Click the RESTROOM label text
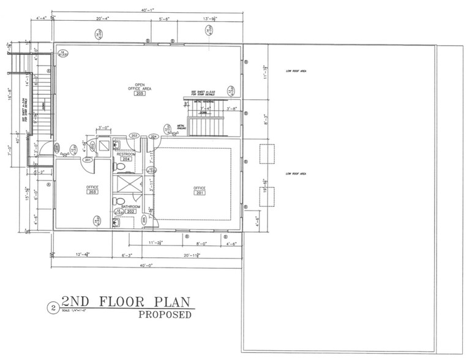pos(125,154)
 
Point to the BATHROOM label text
pos(130,207)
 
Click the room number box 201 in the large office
pos(200,193)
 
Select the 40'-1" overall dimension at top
pos(145,9)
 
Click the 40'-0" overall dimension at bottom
pos(146,265)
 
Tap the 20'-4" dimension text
pos(103,18)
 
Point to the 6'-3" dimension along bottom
pos(127,254)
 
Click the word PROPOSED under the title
pos(165,315)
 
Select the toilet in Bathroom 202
pos(121,201)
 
